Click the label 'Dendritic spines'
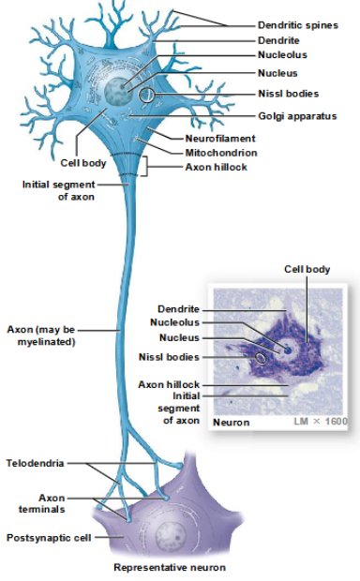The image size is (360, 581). pos(298,25)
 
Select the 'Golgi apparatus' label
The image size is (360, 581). pos(298,115)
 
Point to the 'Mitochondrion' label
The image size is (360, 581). pos(220,152)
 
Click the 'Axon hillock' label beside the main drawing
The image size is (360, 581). pos(216,166)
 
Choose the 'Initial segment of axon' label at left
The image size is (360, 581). pos(57,189)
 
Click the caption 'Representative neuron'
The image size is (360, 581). pos(169,567)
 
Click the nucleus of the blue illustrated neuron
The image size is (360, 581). pos(120,91)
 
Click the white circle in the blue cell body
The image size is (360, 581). pos(147,96)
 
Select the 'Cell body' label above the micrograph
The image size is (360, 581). pos(307,269)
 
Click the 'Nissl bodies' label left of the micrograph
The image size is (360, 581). pos(169,356)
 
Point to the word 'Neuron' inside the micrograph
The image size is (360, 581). pos(231,422)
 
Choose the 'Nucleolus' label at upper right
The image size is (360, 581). pos(282,55)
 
